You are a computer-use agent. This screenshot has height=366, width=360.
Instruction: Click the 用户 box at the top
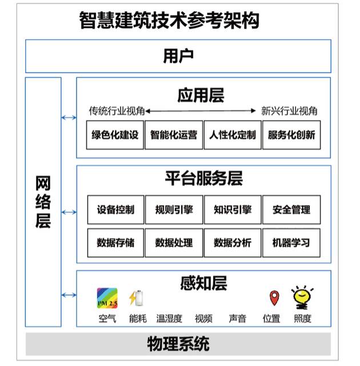(x=178, y=56)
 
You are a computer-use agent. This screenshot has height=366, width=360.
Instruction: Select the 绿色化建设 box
(x=115, y=136)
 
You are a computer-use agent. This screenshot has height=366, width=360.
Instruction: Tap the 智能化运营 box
(x=174, y=136)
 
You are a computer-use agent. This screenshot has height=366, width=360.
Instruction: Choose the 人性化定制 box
(x=233, y=136)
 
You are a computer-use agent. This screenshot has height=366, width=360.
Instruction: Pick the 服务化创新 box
(x=291, y=136)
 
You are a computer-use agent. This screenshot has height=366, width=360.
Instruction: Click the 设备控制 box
(x=115, y=210)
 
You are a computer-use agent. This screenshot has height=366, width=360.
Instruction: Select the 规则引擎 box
(x=174, y=210)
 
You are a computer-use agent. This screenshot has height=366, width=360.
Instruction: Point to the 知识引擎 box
(x=233, y=210)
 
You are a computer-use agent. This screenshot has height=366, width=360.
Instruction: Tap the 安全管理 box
(x=291, y=210)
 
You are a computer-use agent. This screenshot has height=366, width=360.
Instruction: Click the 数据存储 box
(x=115, y=242)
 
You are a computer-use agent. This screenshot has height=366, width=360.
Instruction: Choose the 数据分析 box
(x=233, y=242)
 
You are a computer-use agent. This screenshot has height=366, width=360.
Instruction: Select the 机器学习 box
(x=291, y=242)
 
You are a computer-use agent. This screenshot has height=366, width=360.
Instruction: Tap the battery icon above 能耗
(x=136, y=298)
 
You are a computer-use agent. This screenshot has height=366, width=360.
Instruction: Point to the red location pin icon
(x=274, y=298)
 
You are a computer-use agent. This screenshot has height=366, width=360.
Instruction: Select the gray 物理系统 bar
(x=178, y=344)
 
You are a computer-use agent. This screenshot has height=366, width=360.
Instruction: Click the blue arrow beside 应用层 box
(x=69, y=118)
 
